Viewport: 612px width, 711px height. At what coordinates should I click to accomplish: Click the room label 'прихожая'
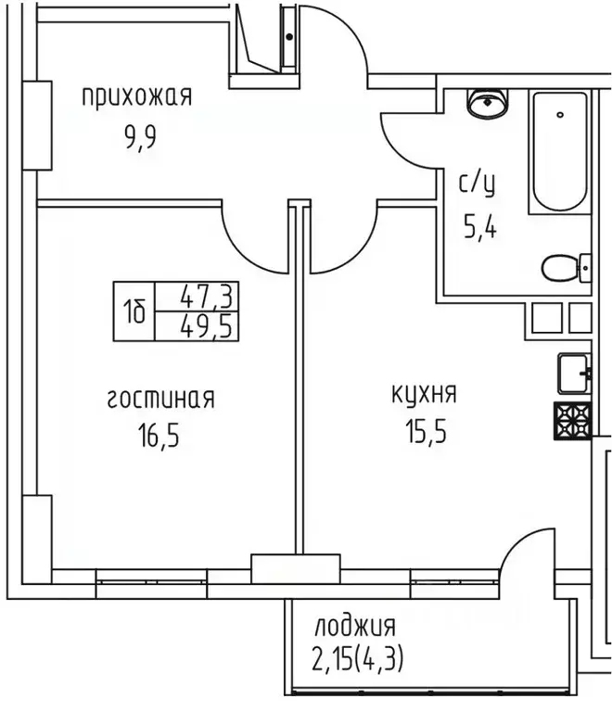click(x=136, y=96)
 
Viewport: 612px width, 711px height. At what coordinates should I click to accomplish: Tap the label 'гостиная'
click(x=160, y=399)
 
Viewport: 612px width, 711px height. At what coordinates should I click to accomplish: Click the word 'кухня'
click(x=423, y=394)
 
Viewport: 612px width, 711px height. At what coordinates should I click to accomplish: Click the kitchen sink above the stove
click(x=572, y=375)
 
